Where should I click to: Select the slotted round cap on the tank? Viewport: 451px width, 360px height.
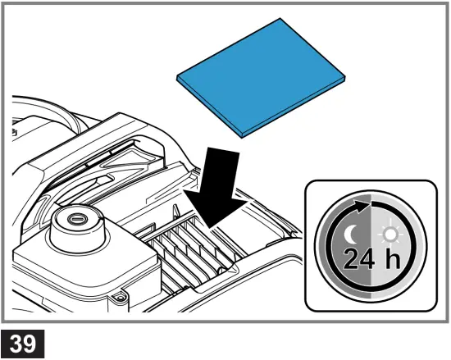coord(77,219)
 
